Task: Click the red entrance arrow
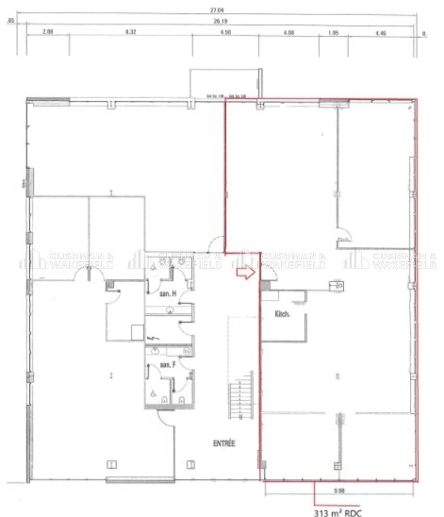coord(243,274)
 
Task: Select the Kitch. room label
coord(282,313)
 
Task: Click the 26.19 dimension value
coord(222,19)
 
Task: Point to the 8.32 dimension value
coord(130,33)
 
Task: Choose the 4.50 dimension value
coord(225,33)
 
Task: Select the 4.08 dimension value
coord(289,33)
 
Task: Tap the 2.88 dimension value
coord(49,33)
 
